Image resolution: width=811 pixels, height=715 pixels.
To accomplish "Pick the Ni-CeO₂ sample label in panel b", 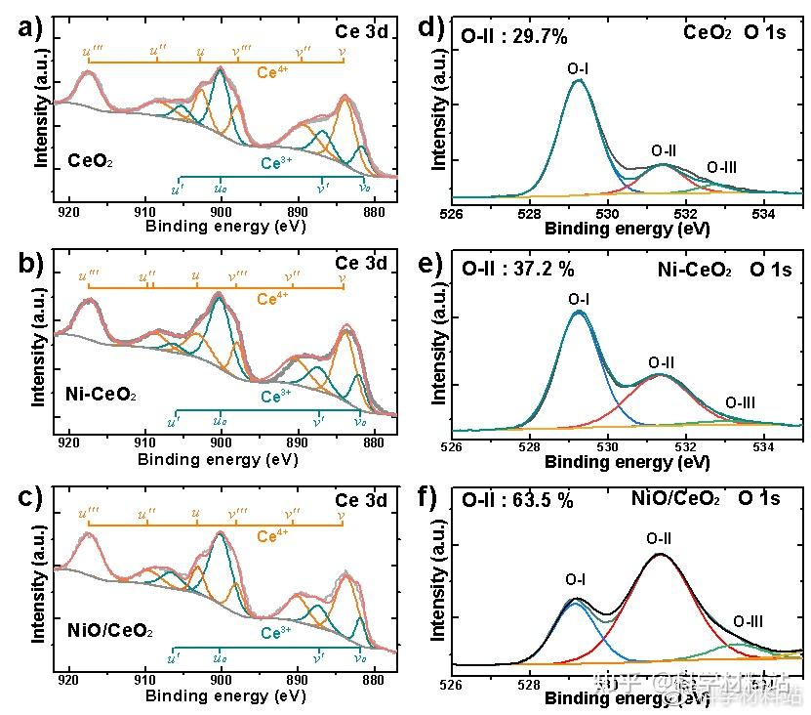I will click(x=101, y=396).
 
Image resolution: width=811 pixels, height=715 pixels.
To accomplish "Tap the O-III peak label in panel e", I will click(x=740, y=402).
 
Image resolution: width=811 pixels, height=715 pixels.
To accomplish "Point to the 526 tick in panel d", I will click(x=451, y=212).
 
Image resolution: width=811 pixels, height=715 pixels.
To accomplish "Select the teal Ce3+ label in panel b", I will click(x=274, y=398).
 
